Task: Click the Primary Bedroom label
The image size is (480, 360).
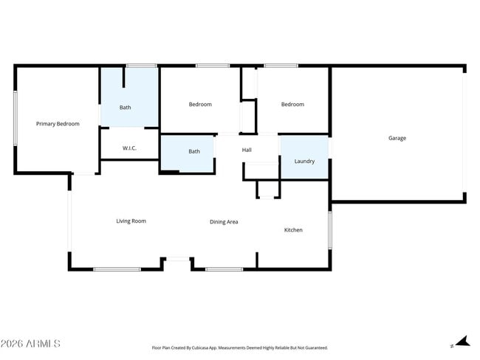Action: point(58,124)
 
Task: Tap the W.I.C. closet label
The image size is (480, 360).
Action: point(129,148)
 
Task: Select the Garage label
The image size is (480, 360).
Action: point(397,138)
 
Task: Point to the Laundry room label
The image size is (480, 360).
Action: point(304,161)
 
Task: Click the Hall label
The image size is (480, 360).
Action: point(247,150)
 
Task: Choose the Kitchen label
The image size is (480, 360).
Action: point(293,230)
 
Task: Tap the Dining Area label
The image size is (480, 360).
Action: point(224,221)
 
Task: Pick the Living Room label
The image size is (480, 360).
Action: point(131,221)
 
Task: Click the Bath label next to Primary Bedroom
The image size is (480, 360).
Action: point(126,108)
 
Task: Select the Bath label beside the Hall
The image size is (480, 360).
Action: point(194,151)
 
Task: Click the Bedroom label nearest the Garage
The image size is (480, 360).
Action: point(292,104)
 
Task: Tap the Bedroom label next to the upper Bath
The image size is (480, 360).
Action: point(200,104)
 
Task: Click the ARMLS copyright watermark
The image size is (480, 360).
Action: point(30,344)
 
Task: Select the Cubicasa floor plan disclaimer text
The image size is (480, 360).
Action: point(239,347)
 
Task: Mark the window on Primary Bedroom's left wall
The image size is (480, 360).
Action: point(15,118)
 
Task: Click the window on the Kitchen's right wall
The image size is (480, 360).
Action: point(329,229)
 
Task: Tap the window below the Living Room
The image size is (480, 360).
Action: point(117,269)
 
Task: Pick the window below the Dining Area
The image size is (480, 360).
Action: point(224,269)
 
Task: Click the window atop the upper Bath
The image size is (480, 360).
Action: point(140,66)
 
